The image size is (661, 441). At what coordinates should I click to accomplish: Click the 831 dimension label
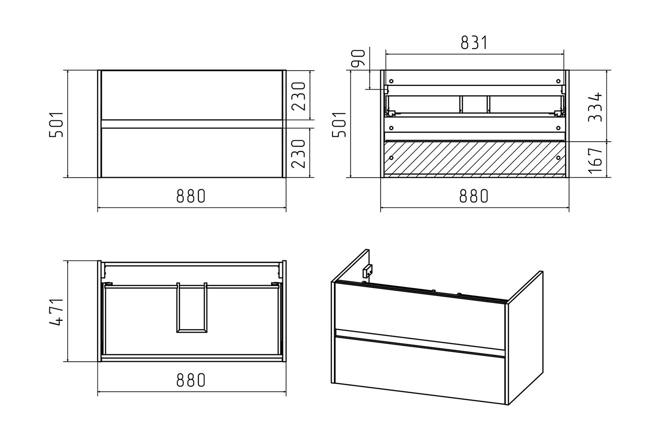(474, 42)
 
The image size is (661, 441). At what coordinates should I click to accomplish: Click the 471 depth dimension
(56, 312)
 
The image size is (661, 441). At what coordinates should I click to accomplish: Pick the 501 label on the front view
(56, 124)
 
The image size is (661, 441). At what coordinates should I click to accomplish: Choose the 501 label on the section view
(339, 124)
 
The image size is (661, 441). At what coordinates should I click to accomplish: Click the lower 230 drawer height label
(298, 153)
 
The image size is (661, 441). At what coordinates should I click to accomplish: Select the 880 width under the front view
(191, 196)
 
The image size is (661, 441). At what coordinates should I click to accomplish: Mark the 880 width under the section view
(474, 196)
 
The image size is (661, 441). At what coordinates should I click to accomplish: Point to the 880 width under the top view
(191, 380)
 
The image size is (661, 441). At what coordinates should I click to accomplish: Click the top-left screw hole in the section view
(391, 81)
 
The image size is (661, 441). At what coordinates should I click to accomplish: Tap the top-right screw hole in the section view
(558, 81)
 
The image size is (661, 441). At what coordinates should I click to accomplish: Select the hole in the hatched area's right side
(558, 158)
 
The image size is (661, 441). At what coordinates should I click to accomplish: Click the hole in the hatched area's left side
(391, 158)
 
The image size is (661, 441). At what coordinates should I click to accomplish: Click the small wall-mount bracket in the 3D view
(368, 271)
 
